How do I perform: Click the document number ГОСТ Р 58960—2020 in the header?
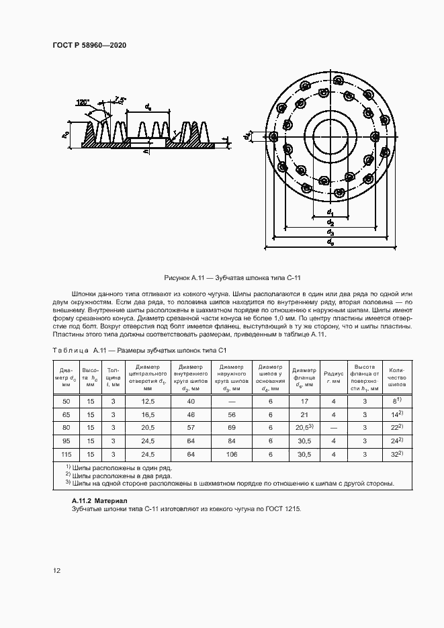tap(89, 45)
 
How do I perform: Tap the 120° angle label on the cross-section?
tap(83, 103)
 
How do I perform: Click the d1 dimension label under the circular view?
tap(330, 213)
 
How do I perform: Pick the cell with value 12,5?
tap(148, 400)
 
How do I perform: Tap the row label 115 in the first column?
tap(66, 454)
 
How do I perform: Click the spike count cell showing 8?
tap(397, 400)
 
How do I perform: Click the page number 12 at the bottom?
tap(56, 571)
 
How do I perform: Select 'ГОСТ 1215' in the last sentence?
tap(284, 509)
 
